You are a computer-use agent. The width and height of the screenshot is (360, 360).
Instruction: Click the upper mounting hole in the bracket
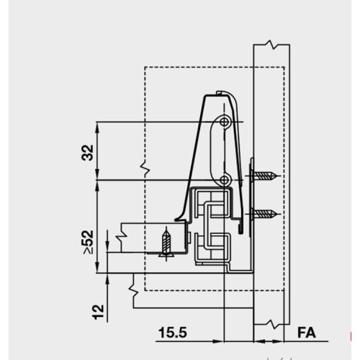click(x=225, y=123)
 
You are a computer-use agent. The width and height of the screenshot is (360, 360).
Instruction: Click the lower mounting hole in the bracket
click(x=225, y=179)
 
